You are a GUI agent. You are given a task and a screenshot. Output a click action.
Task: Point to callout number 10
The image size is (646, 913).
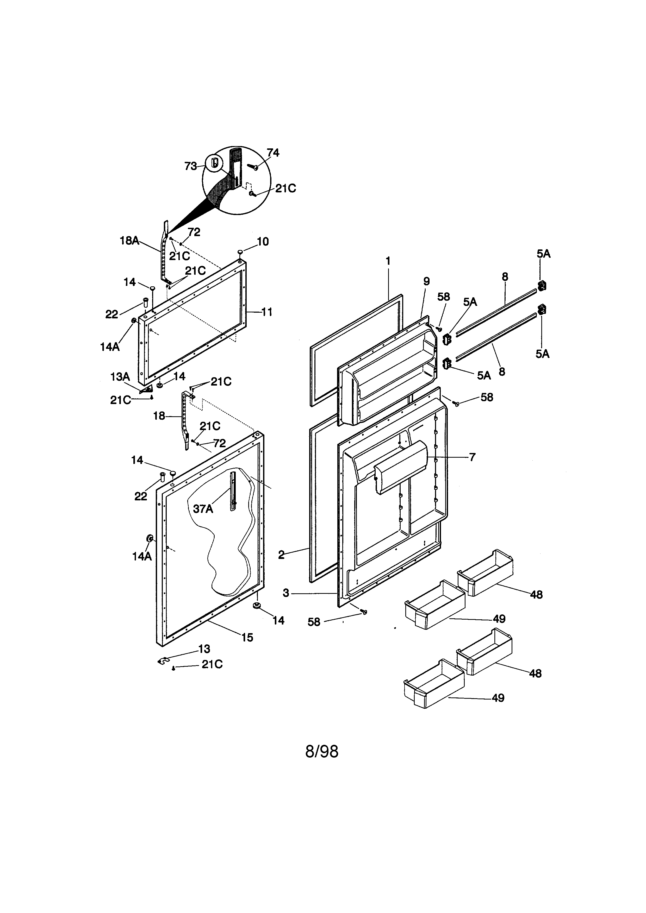coord(263,241)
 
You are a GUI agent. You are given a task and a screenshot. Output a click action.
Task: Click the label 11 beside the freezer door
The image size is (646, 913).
coord(267,312)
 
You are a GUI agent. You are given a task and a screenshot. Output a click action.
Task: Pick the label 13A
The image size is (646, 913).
coord(120,376)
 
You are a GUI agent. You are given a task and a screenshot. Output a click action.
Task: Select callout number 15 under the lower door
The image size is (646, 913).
coord(247,637)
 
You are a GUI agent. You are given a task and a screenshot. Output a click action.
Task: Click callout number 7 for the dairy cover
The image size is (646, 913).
coord(472,457)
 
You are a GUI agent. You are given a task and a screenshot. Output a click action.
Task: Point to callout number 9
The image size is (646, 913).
coord(426,281)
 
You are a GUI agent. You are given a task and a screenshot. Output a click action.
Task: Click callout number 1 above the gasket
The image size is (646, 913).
coord(388,261)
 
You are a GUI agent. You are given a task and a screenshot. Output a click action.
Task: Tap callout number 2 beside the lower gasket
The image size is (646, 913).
coord(281,555)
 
